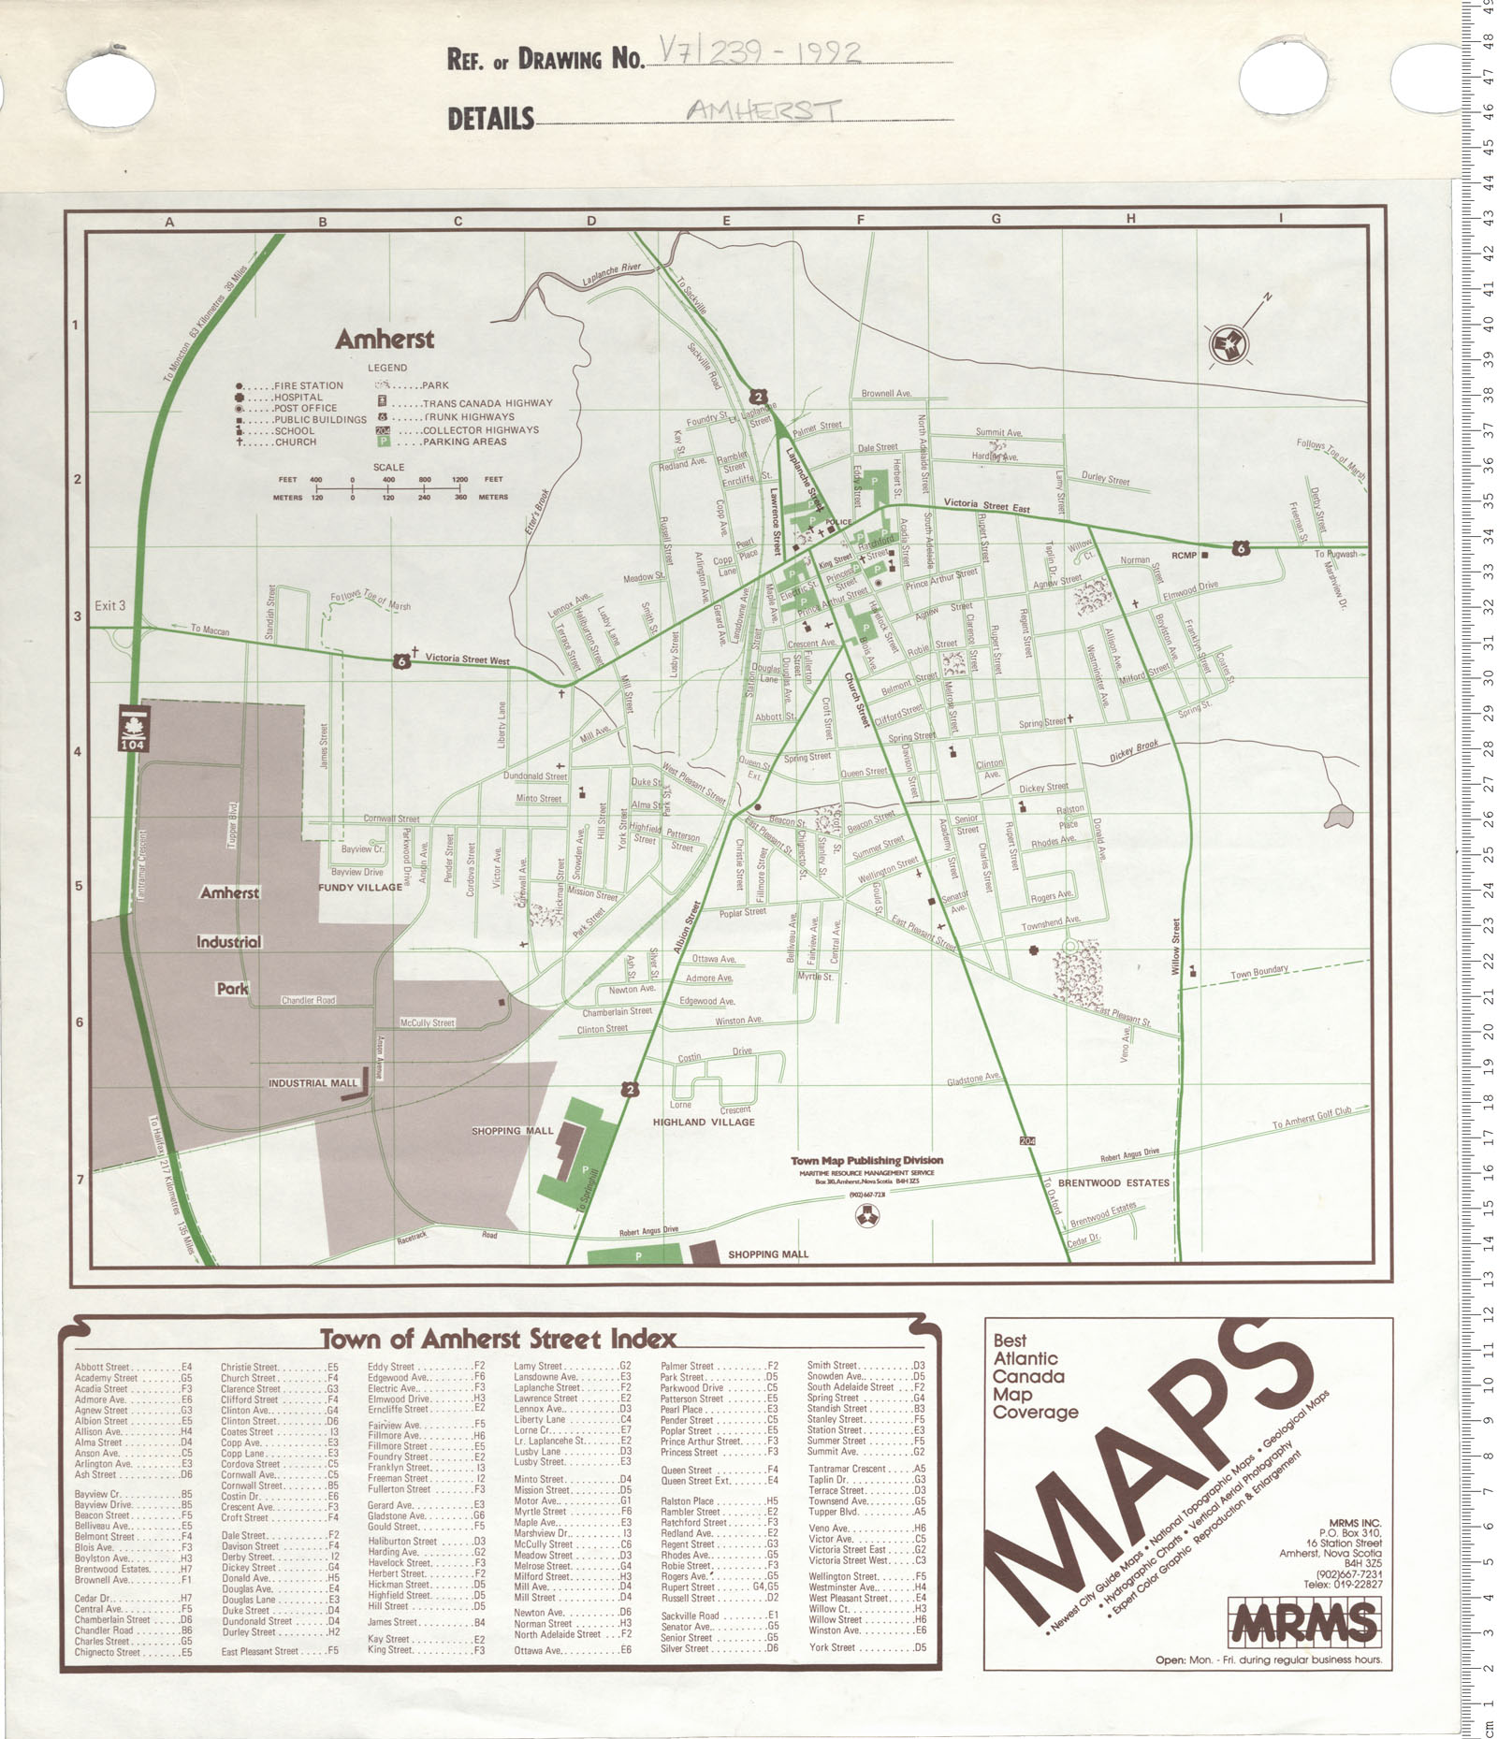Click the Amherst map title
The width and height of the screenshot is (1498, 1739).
pyautogui.click(x=385, y=339)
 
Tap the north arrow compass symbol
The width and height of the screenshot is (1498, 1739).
pyautogui.click(x=1226, y=345)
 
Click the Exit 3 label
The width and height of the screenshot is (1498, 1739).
pyautogui.click(x=109, y=605)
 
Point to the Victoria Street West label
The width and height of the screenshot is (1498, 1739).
pyautogui.click(x=467, y=659)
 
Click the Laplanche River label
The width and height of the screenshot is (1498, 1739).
pyautogui.click(x=611, y=273)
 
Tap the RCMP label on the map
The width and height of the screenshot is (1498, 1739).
pyautogui.click(x=1184, y=556)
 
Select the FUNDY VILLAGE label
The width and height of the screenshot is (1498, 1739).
pyautogui.click(x=360, y=887)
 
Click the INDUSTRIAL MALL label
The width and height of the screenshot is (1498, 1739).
pyautogui.click(x=313, y=1083)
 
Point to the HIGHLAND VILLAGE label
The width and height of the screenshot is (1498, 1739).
pyautogui.click(x=704, y=1122)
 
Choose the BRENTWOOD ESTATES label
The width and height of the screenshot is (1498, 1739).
pyautogui.click(x=1113, y=1182)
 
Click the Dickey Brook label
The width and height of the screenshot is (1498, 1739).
pyautogui.click(x=1134, y=751)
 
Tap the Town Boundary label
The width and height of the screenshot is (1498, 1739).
pyautogui.click(x=1258, y=973)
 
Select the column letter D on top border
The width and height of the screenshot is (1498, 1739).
pyautogui.click(x=591, y=222)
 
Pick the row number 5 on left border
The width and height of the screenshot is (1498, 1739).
pyautogui.click(x=79, y=885)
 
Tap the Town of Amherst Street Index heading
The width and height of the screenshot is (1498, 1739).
pyautogui.click(x=498, y=1339)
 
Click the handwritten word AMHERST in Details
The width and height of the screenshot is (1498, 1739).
pyautogui.click(x=763, y=110)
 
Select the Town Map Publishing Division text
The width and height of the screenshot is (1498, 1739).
pyautogui.click(x=866, y=1160)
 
